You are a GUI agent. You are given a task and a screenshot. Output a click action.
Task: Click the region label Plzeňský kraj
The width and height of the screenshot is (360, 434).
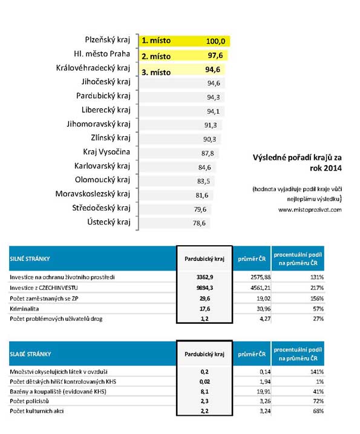(x=107, y=40)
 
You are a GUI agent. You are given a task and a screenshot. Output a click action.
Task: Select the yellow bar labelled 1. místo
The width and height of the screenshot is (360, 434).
(x=185, y=41)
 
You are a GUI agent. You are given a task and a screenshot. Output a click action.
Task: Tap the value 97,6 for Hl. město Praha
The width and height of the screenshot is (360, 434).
(x=215, y=56)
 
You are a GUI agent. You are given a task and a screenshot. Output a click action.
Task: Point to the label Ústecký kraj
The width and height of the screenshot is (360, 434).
(x=109, y=222)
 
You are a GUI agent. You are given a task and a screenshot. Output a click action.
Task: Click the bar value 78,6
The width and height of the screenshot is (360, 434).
(x=199, y=223)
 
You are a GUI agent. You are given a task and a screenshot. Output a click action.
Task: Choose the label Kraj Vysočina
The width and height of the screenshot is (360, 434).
(x=106, y=152)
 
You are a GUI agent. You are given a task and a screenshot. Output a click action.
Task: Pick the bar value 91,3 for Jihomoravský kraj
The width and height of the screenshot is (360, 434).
(x=211, y=125)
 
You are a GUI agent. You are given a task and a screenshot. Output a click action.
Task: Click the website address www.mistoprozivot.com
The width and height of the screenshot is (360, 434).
(x=310, y=210)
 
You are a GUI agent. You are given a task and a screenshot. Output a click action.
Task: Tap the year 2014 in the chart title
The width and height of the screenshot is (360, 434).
(x=332, y=168)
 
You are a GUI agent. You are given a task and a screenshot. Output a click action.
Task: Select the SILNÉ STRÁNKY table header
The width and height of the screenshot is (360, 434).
(x=30, y=259)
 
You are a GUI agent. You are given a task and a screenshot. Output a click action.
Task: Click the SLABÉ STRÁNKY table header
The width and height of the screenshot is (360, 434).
(x=30, y=354)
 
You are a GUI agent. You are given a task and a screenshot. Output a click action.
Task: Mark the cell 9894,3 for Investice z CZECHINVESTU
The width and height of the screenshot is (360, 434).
(x=205, y=288)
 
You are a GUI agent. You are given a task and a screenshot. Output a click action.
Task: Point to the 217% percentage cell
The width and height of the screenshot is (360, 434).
(x=317, y=288)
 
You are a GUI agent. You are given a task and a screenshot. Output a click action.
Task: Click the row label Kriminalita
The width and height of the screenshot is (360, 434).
(x=24, y=309)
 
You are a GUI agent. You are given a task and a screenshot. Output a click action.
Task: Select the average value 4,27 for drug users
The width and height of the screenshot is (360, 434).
(x=265, y=319)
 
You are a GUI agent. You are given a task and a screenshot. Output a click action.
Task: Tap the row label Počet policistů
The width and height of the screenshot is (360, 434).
(x=29, y=401)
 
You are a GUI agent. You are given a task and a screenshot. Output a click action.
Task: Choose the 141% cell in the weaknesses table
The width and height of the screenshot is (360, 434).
(x=317, y=372)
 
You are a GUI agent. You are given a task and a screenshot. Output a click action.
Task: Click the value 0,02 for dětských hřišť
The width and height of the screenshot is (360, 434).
(x=205, y=382)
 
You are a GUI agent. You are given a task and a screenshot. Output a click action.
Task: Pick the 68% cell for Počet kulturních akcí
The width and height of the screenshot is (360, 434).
(x=318, y=411)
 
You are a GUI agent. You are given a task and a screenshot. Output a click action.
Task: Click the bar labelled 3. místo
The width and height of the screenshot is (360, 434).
(x=182, y=70)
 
